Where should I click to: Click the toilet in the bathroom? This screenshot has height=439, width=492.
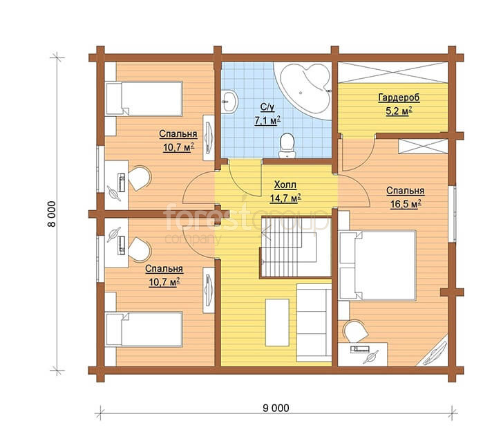click(x=287, y=146)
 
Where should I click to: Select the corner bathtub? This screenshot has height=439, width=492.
click(x=304, y=86)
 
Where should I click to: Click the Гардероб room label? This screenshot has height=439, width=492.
click(x=399, y=97)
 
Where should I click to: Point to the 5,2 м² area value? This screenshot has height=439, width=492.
click(x=399, y=111)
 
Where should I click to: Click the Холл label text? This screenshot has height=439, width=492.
click(x=285, y=185)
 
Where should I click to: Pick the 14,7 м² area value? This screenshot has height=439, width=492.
click(x=285, y=198)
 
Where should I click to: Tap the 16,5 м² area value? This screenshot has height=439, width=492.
click(x=406, y=204)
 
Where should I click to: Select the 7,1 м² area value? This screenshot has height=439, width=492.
click(x=267, y=120)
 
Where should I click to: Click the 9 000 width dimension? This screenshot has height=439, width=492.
click(x=276, y=408)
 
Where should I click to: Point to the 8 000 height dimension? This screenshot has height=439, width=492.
click(x=52, y=214)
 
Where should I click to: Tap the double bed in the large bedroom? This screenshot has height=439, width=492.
click(x=377, y=265)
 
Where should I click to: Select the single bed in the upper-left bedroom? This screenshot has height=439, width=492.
click(x=144, y=99)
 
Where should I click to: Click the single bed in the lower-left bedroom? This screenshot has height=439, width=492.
click(x=144, y=329)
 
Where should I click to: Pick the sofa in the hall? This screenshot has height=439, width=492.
click(x=314, y=323)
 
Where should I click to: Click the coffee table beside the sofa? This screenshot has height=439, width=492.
click(x=277, y=322)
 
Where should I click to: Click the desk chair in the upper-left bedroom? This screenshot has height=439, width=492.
click(x=140, y=178)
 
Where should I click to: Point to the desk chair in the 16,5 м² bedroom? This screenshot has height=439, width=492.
click(x=356, y=331)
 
